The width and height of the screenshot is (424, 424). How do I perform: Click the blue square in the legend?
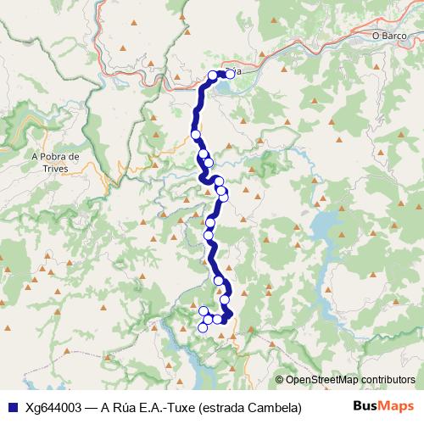[x=12, y=407]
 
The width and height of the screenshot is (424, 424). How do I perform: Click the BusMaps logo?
[x=383, y=406]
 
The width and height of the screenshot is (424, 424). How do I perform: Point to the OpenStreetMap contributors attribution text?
[x=350, y=379]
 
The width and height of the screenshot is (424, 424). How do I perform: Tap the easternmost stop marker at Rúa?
[x=230, y=75]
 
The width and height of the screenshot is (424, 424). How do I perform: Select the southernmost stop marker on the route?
[x=203, y=328]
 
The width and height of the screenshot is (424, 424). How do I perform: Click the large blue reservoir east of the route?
[x=326, y=226]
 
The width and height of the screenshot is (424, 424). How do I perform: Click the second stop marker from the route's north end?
[x=213, y=75]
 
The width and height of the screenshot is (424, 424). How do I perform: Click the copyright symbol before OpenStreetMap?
[x=280, y=379]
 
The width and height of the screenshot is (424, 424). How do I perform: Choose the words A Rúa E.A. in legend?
[x=127, y=407]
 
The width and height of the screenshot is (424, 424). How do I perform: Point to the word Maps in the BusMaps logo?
[x=396, y=406]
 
